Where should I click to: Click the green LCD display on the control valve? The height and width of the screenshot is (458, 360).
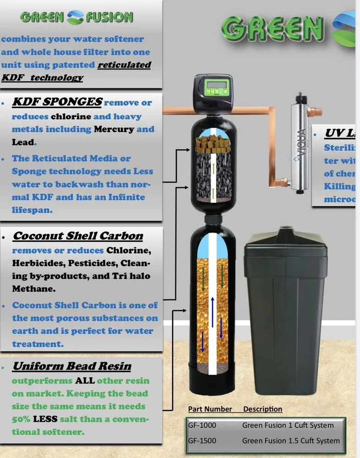[211, 85]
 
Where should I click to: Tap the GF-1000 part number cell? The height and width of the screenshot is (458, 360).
[202, 425]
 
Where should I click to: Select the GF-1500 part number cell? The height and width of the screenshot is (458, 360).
[202, 441]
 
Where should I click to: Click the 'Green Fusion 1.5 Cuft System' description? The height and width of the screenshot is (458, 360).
[291, 441]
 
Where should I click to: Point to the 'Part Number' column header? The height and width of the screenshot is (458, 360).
[210, 409]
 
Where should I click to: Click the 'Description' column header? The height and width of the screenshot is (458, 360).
[262, 409]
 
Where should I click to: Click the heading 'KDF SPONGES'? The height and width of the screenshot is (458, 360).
[57, 102]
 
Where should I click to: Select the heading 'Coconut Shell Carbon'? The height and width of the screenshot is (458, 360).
[77, 236]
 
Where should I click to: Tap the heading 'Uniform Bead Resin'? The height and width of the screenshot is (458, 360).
[71, 366]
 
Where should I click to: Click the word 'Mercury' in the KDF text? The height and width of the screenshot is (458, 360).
[114, 129]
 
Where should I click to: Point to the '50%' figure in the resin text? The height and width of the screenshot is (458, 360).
[22, 419]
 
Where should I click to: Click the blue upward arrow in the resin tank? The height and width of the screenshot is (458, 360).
[212, 311]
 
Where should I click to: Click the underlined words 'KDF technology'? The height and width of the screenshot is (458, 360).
[42, 77]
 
